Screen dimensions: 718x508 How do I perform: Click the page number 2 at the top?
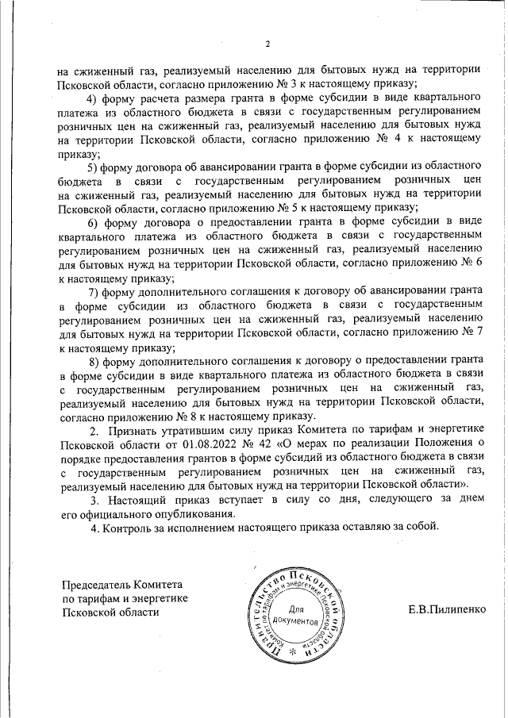pos(267,44)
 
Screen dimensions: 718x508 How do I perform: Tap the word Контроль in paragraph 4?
pos(129,528)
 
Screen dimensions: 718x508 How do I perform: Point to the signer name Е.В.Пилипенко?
pos(447,610)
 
